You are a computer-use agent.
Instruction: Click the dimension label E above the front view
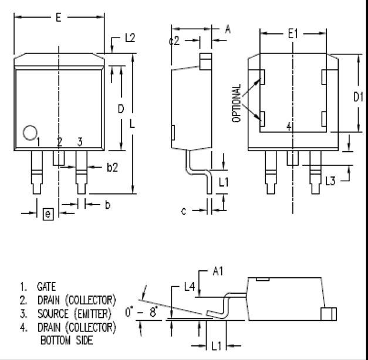click(x=58, y=18)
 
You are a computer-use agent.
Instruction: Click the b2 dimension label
click(x=112, y=168)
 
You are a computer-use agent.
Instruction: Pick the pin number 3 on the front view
click(x=80, y=142)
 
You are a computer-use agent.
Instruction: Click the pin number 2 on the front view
click(x=59, y=142)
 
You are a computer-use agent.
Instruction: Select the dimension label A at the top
click(x=227, y=28)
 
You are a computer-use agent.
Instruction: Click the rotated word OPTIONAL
click(x=237, y=103)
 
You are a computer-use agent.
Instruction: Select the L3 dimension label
click(x=330, y=182)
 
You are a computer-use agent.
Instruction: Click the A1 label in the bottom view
click(x=218, y=272)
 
